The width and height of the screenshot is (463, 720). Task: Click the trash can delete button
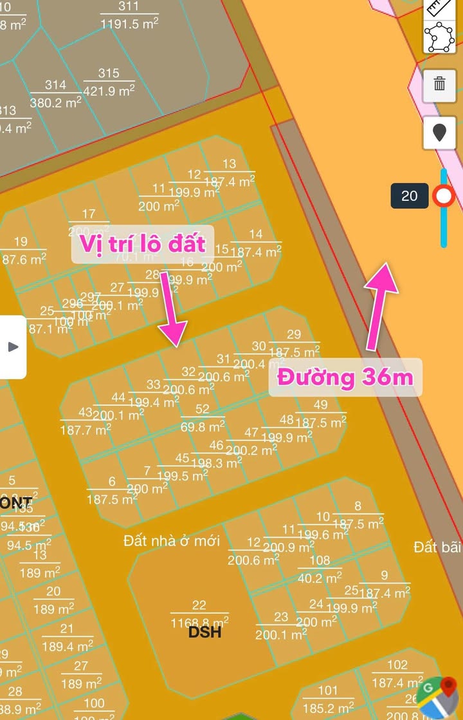coord(440,83)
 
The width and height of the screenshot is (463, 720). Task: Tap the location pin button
coord(440,133)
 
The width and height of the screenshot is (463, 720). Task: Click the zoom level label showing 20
coord(409,196)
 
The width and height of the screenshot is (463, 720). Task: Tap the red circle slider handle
coord(444,196)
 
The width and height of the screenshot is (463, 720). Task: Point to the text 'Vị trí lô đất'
coord(142,243)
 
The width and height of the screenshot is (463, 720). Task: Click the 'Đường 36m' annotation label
coord(345,377)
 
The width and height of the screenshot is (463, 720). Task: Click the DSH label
coord(205,632)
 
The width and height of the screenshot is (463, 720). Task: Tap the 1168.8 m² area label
coord(199,622)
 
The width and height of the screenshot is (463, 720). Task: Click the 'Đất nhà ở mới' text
coord(172,540)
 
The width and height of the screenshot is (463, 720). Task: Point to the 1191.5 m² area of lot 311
coord(129,23)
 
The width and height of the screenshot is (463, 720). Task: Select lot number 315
coord(109,74)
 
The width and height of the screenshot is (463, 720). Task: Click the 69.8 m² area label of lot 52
coord(203,426)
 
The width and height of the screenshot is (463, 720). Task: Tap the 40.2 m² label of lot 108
coord(320,578)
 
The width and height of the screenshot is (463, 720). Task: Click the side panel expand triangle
coord(13,346)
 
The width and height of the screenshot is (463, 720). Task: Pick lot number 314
coord(55,85)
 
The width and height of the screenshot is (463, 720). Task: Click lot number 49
coord(320,405)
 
